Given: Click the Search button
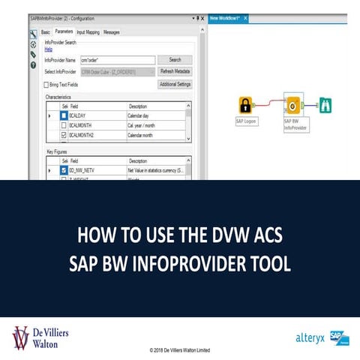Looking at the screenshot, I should click(x=175, y=59).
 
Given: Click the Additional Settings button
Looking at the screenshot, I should click(x=175, y=84).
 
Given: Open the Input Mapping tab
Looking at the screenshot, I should click(x=87, y=32).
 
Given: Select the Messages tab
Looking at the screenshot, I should click(x=111, y=32).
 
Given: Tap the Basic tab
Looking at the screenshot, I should click(x=45, y=32).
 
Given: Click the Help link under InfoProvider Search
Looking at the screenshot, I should click(x=49, y=49).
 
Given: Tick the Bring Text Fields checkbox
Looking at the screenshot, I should click(x=46, y=85).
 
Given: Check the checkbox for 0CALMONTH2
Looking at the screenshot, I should click(x=64, y=135).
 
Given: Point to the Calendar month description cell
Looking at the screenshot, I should click(x=145, y=135).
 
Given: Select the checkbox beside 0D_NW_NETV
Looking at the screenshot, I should click(x=64, y=171).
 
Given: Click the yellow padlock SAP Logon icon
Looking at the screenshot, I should click(x=244, y=104).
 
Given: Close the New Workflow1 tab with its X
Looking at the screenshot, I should click(x=245, y=18).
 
